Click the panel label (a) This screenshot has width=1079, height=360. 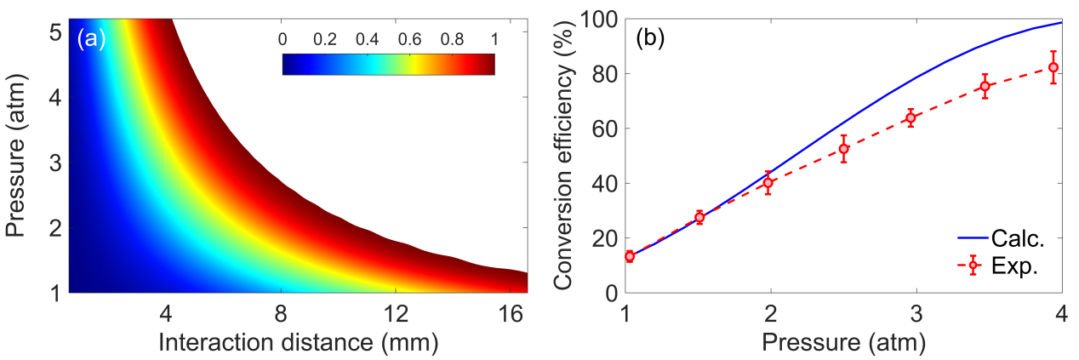click(x=91, y=40)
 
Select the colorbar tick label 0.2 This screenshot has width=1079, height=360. click(x=328, y=38)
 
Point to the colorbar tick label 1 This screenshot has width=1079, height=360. click(x=494, y=38)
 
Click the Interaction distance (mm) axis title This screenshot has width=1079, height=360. click(x=297, y=343)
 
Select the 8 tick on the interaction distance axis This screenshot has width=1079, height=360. click(x=280, y=314)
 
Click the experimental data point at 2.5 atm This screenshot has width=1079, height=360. click(x=844, y=149)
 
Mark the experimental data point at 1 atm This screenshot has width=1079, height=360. click(x=630, y=256)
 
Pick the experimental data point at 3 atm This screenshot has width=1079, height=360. click(x=911, y=118)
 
